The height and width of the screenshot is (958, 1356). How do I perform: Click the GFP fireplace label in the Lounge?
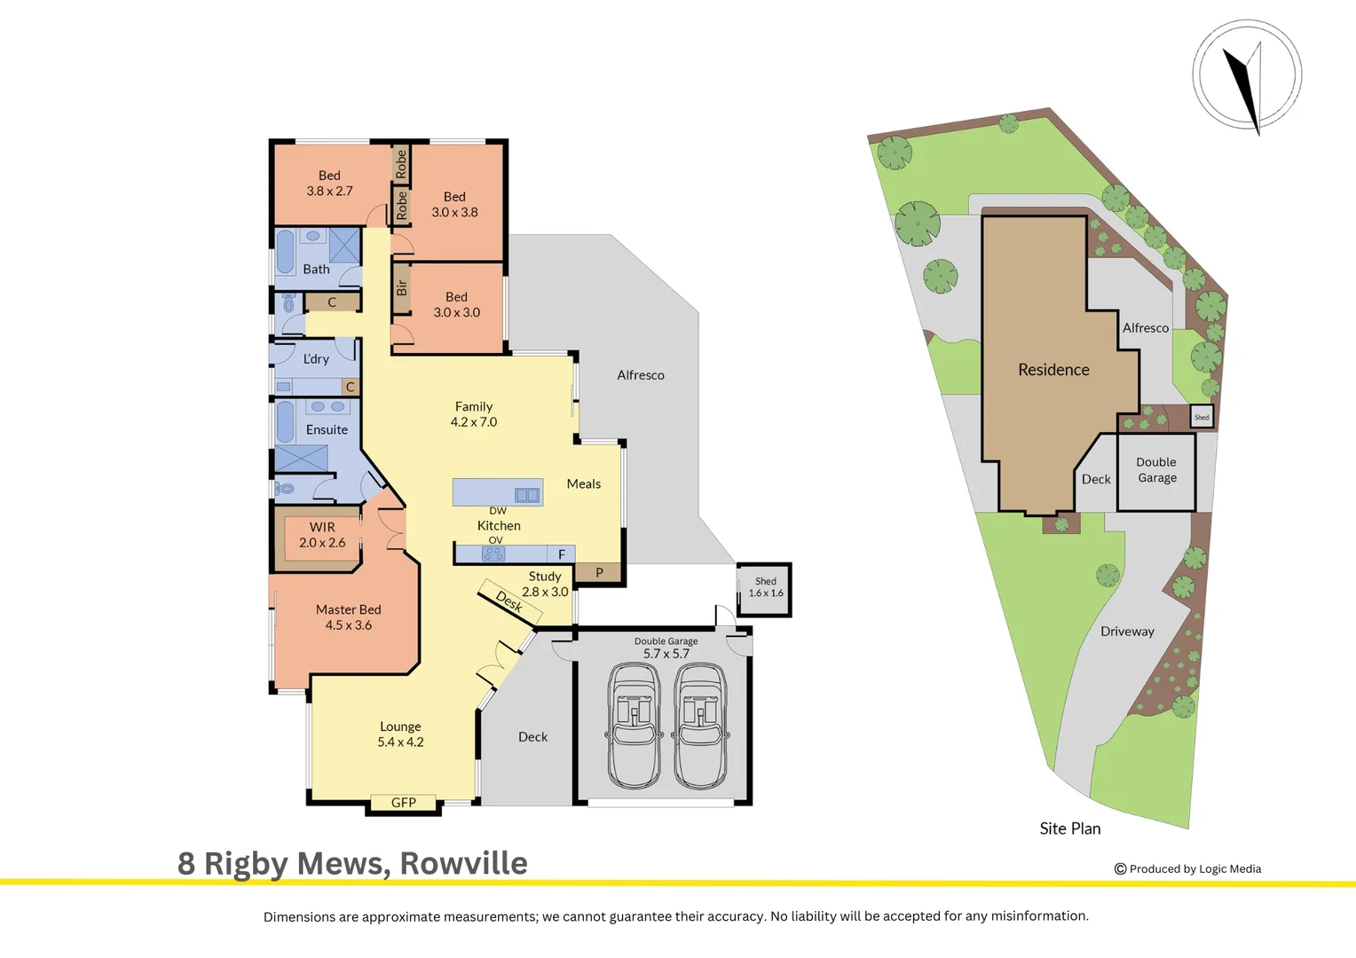click(403, 803)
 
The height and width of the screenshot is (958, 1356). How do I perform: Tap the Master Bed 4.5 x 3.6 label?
click(349, 617)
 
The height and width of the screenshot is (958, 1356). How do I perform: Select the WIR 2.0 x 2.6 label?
click(322, 535)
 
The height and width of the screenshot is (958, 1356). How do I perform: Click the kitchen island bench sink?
click(526, 495)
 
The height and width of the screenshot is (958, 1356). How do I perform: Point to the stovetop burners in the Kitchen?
click(493, 554)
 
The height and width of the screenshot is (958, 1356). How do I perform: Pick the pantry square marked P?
click(599, 572)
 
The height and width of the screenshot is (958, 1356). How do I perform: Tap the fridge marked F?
click(561, 554)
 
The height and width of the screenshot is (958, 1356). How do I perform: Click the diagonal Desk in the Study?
click(509, 603)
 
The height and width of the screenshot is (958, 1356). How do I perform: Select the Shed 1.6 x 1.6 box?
click(765, 590)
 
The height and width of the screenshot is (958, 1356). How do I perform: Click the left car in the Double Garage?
click(634, 726)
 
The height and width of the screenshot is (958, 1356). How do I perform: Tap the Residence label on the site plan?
click(1053, 370)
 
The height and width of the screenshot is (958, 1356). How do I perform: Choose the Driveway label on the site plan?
click(1127, 632)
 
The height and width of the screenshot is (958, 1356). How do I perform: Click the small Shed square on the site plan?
click(1202, 417)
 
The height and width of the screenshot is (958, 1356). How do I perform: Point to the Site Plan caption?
click(1069, 828)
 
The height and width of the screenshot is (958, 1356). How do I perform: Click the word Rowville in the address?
click(464, 863)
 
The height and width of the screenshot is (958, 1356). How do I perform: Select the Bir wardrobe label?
click(401, 287)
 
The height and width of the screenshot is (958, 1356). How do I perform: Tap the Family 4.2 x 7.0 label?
click(473, 414)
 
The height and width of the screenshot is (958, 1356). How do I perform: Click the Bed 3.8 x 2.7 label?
click(329, 183)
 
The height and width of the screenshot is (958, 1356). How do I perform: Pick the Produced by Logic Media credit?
click(1187, 869)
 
